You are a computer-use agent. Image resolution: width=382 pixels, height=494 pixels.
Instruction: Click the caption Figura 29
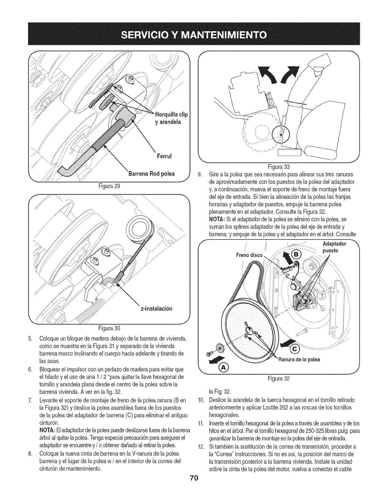pyautogui.click(x=109, y=186)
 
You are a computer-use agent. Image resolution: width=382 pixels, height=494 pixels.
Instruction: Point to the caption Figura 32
pyautogui.click(x=279, y=379)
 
